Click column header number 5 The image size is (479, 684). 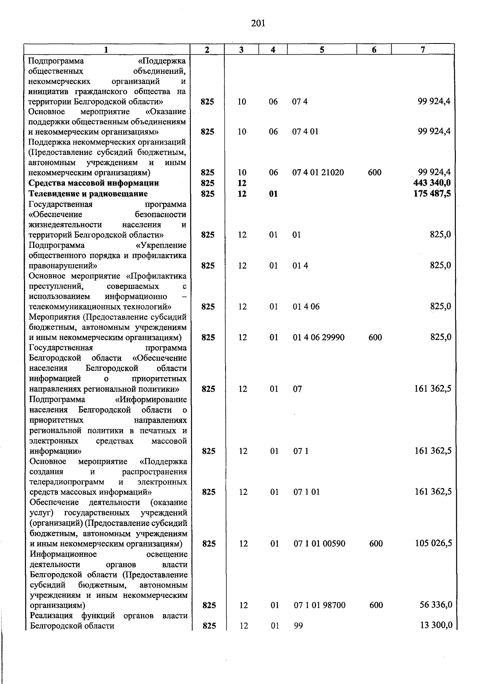[x=322, y=49]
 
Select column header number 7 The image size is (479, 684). [x=423, y=49]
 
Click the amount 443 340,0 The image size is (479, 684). [x=432, y=183]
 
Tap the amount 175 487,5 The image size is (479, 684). [x=432, y=194]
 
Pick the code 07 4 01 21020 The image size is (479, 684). [x=318, y=172]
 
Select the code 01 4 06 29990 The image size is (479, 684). [x=319, y=338]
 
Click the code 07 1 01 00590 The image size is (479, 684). [x=319, y=544]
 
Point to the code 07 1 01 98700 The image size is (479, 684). [x=320, y=605]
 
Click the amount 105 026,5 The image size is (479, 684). [x=433, y=544]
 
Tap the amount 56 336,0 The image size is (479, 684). [x=436, y=605]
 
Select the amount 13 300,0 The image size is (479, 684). [x=436, y=626]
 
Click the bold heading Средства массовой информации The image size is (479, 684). [x=94, y=183]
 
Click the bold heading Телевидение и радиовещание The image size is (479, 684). [x=88, y=194]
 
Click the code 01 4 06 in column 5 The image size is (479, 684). [x=306, y=307]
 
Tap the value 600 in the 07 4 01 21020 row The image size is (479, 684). [x=374, y=172]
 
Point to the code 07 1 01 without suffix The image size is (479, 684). [x=307, y=492]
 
